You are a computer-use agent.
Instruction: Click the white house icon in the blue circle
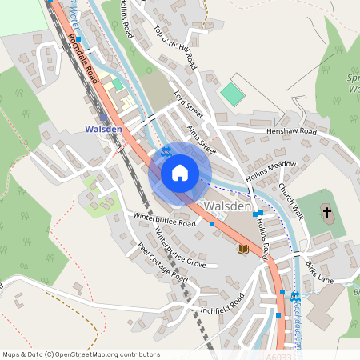click(180, 173)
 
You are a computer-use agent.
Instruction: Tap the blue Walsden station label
click(102, 129)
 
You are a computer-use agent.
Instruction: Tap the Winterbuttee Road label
click(166, 219)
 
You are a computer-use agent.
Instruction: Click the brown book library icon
click(242, 250)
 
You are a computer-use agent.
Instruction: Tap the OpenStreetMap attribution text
click(81, 354)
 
